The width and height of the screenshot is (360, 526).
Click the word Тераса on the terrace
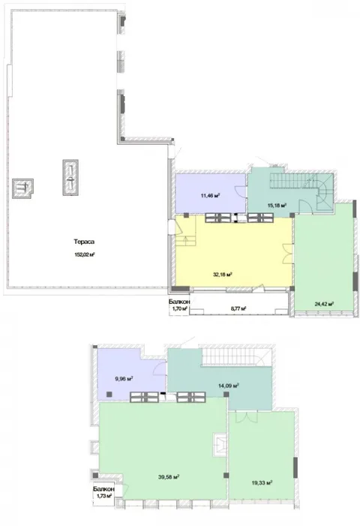[x=84, y=242]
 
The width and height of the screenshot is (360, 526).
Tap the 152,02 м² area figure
[x=85, y=254]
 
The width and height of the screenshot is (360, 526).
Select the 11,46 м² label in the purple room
[x=210, y=195]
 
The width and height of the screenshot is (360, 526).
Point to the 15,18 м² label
[x=277, y=205]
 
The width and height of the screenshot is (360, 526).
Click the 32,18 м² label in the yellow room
[x=223, y=275]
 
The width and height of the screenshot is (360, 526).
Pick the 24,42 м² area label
[x=324, y=304]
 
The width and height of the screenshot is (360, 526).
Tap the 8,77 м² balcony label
[x=238, y=308]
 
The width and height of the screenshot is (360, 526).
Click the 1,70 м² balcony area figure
[x=179, y=308]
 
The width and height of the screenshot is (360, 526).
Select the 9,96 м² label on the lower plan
[x=124, y=379]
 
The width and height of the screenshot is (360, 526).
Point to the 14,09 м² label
[x=229, y=386]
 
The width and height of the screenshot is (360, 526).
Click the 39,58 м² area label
[x=169, y=477]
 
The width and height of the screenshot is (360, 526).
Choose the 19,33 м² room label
[x=262, y=482]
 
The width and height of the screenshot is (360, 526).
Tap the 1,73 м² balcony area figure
[x=104, y=496]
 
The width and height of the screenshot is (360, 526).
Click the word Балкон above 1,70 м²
[x=179, y=302]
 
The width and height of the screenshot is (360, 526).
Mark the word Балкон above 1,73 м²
[x=104, y=489]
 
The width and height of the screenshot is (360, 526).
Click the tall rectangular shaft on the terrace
[x=70, y=177]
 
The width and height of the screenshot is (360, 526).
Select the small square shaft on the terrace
[x=22, y=188]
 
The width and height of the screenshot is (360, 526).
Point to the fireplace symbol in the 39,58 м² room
[x=220, y=444]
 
